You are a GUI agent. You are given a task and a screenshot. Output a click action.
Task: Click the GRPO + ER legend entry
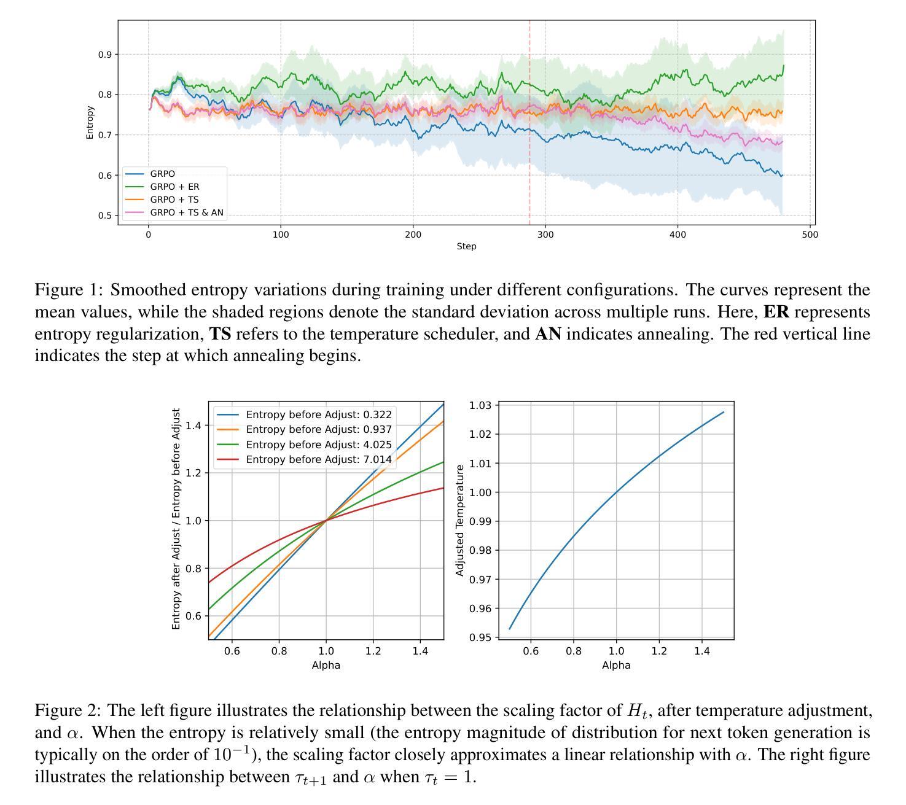click(174, 187)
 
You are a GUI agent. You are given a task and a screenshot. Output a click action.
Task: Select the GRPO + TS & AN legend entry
click(187, 212)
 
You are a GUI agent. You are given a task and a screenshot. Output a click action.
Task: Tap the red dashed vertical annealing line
click(529, 154)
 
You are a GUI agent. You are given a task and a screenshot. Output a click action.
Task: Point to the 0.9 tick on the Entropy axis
click(104, 55)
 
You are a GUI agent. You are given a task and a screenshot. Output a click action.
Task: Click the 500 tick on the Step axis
click(810, 234)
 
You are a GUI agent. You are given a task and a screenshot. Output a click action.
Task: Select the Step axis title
click(466, 246)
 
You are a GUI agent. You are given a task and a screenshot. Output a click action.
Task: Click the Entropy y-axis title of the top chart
click(90, 122)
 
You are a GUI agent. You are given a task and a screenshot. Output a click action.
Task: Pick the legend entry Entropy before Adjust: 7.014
click(318, 459)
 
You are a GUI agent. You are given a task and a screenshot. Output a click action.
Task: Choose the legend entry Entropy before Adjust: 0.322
click(318, 414)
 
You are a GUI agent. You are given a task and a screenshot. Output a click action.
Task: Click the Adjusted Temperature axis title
click(459, 520)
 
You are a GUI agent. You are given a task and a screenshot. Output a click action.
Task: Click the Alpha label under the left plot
click(326, 665)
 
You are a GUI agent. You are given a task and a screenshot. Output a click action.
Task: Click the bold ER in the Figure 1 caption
click(776, 312)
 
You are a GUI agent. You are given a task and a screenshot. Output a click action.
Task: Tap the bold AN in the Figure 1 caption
click(548, 334)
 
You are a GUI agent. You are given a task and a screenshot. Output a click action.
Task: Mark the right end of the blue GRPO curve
click(782, 176)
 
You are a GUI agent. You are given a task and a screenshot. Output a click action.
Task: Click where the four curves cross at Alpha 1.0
click(326, 520)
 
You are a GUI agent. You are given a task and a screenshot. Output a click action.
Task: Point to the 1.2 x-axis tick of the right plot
click(659, 651)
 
